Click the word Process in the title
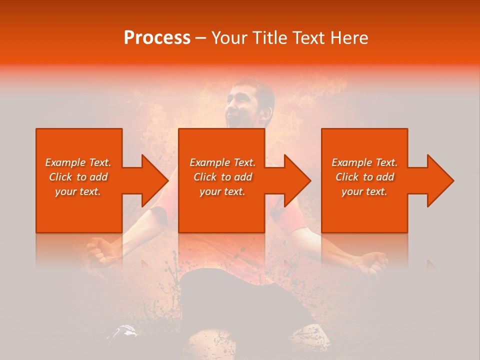click(157, 38)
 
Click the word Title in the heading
click(269, 38)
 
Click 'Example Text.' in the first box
click(78, 162)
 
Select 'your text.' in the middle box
click(222, 191)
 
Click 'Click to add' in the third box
click(364, 177)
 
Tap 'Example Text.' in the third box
click(364, 162)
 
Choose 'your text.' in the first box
click(78, 191)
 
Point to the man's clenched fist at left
click(99, 250)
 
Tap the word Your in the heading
click(229, 38)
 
